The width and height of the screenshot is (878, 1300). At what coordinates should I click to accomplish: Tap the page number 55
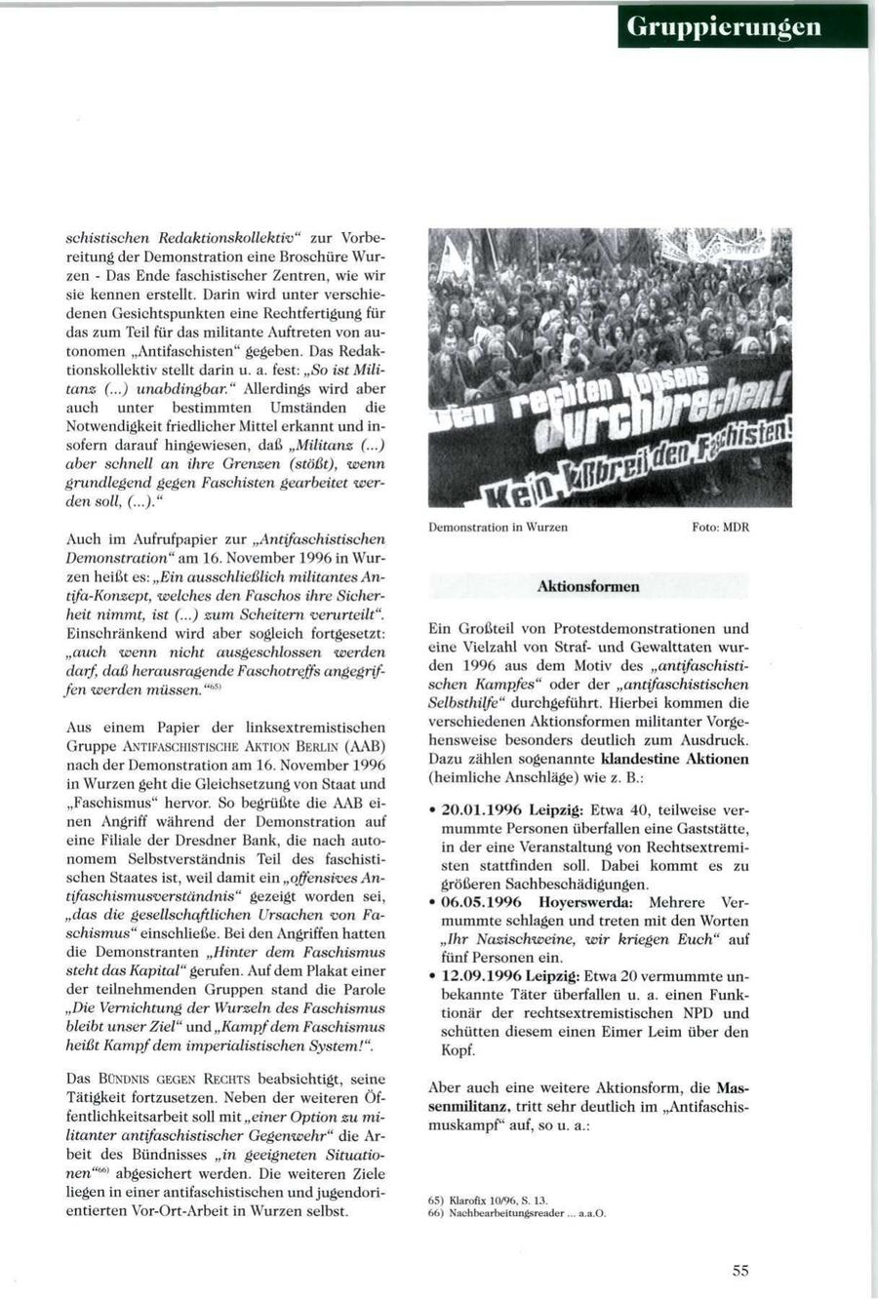[740, 1270]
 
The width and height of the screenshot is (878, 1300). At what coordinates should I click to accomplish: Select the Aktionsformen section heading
[588, 586]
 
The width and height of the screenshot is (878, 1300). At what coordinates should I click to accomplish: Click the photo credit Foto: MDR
[721, 527]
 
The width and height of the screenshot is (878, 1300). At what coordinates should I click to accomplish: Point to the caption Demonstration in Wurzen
[498, 527]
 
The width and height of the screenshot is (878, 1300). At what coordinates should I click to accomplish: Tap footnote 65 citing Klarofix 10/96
[488, 1201]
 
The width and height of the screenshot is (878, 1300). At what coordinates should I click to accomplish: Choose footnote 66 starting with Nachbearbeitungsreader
[517, 1213]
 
